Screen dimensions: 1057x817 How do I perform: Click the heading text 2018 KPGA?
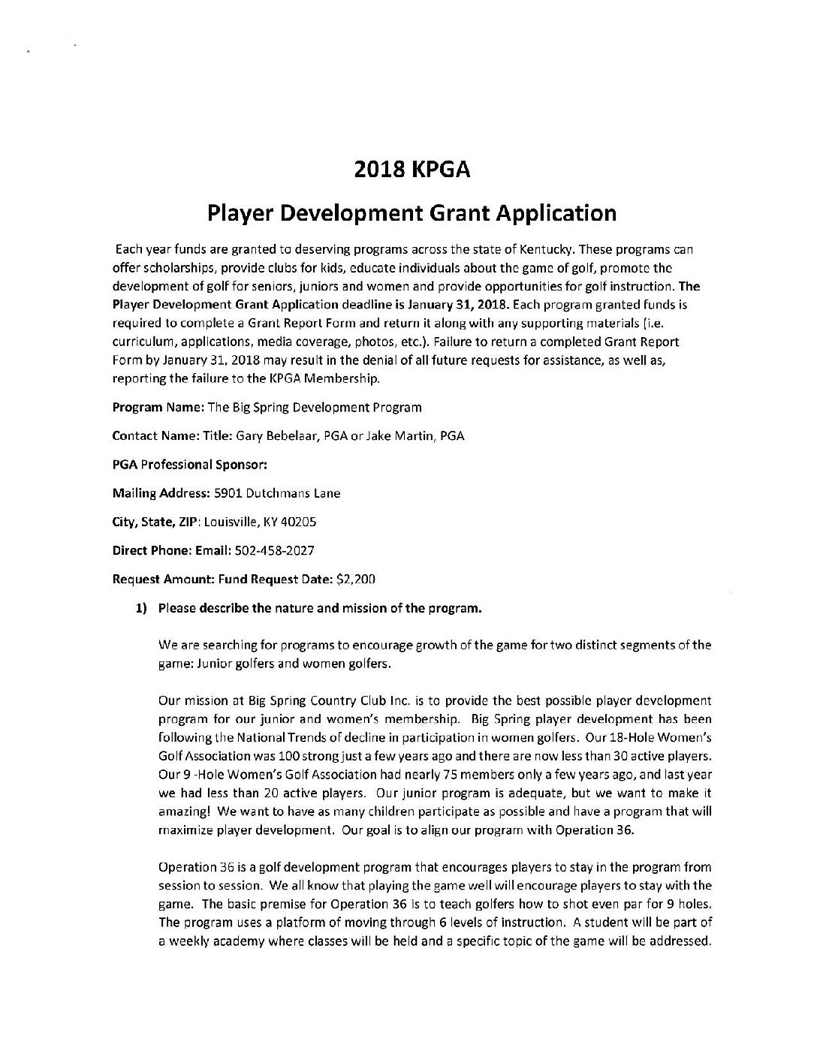coord(412,170)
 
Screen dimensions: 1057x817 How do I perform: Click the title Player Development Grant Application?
coord(412,213)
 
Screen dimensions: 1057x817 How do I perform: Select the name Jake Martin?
coord(400,436)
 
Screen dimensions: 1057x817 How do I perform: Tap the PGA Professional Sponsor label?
coord(190,465)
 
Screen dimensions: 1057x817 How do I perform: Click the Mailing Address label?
coord(154,493)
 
